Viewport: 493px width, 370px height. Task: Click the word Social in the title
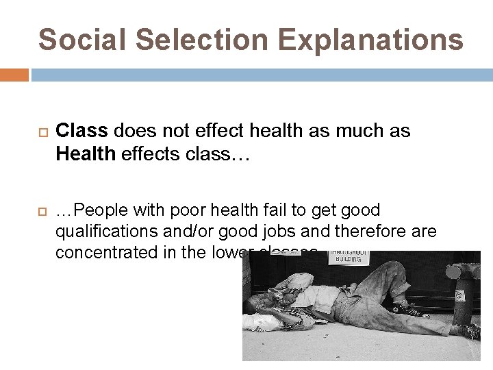(x=81, y=40)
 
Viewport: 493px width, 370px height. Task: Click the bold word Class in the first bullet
(x=82, y=131)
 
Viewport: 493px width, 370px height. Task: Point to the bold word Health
(x=86, y=153)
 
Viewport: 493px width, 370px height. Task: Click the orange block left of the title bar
(x=14, y=75)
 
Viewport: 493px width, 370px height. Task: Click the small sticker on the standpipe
(x=460, y=295)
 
